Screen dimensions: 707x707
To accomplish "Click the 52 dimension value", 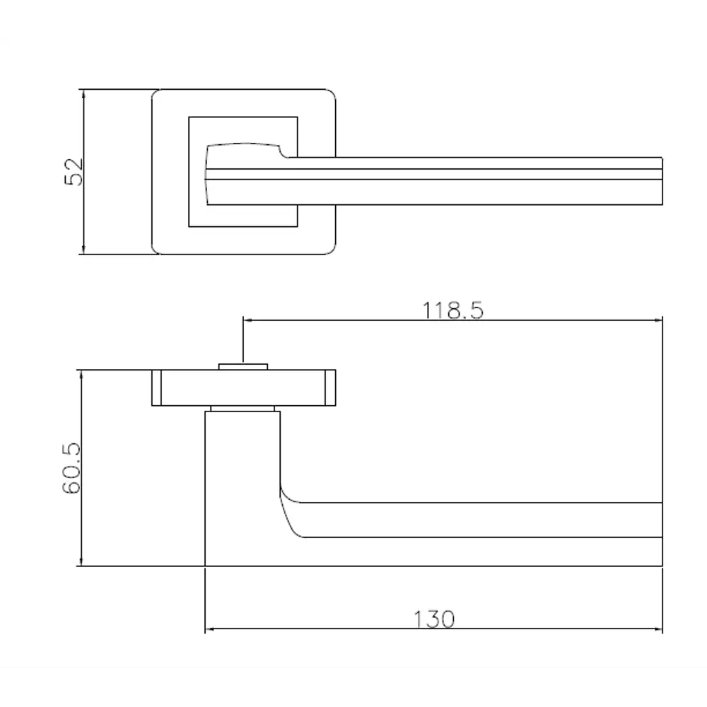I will [74, 172].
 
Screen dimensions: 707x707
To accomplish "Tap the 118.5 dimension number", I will [453, 310].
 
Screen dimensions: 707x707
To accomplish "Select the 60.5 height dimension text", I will [73, 469].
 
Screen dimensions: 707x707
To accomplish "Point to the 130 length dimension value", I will [433, 619].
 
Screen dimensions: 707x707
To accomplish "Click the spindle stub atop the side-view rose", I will [243, 366].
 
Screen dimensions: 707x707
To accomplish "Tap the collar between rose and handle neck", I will [243, 409].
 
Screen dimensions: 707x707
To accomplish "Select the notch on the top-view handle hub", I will [282, 151].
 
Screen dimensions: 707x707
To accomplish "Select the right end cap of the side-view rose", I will [330, 387].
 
